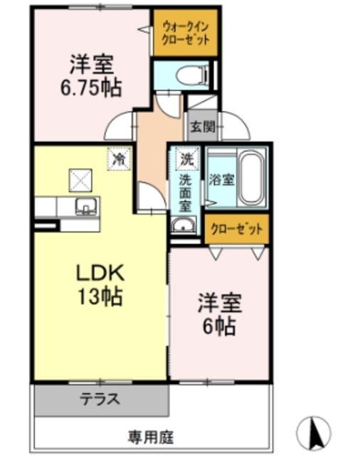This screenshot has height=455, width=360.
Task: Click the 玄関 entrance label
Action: (x=201, y=128)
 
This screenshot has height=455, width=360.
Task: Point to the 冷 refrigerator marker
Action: (x=119, y=159)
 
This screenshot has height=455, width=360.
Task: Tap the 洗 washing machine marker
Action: (x=186, y=157)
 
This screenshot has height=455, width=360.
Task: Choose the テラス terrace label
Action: (x=99, y=398)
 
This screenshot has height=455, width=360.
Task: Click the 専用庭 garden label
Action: (x=151, y=435)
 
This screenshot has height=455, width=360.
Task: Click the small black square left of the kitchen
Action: (x=43, y=226)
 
